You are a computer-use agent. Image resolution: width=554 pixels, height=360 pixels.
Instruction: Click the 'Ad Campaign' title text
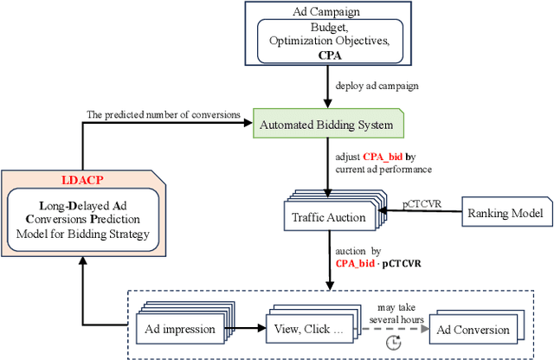point(332,11)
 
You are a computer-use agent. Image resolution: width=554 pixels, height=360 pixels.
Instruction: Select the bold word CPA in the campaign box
point(332,56)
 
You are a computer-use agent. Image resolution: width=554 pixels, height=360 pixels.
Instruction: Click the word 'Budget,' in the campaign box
point(332,29)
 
